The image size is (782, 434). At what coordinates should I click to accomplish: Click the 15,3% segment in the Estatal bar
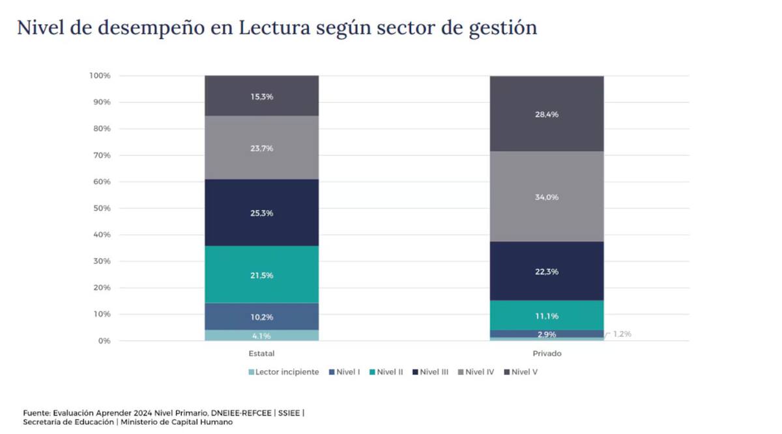(261, 96)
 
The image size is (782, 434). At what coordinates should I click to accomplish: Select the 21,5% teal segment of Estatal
(261, 275)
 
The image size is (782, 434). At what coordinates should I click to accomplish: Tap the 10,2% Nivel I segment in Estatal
(261, 317)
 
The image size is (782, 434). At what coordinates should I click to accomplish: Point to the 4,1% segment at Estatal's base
(261, 336)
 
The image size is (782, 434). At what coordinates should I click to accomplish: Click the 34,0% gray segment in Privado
(547, 197)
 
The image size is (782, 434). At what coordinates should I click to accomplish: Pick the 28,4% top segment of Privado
(547, 114)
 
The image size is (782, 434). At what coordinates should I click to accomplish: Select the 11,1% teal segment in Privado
(547, 315)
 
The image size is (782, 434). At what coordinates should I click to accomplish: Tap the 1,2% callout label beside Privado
(622, 334)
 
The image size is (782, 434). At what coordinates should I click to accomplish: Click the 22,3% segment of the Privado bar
(547, 271)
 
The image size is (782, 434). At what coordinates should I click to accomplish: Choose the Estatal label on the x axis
(261, 353)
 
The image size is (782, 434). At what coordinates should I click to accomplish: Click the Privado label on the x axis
(547, 353)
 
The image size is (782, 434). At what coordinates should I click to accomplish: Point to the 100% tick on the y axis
(100, 76)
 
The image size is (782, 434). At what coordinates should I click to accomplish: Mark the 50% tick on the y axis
(100, 209)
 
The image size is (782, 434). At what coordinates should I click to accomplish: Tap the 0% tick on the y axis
(104, 341)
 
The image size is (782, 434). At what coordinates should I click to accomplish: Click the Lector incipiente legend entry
(283, 372)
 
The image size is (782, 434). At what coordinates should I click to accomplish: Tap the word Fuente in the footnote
(37, 412)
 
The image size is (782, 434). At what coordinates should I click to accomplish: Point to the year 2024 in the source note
(144, 412)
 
